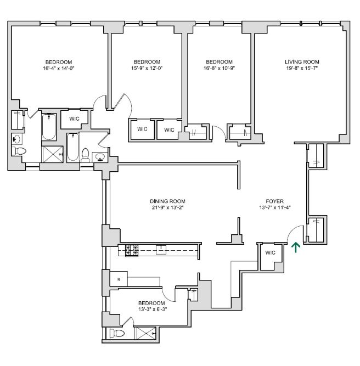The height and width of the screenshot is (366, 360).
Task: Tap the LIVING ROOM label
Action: tap(302, 62)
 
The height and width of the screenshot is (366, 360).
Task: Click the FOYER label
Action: tap(274, 201)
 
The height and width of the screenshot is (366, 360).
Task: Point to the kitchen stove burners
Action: tap(132, 250)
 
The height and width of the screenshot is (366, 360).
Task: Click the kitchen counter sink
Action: tap(161, 250)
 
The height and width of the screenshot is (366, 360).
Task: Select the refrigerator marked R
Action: tap(119, 280)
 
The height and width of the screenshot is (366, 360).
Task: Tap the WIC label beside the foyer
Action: tap(269, 253)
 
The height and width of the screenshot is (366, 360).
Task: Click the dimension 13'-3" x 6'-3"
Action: tap(151, 309)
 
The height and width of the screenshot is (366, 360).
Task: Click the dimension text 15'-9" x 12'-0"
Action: tap(147, 68)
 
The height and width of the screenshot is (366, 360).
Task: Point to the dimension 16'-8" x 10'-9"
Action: tap(219, 68)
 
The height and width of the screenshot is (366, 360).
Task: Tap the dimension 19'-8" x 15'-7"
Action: tap(302, 69)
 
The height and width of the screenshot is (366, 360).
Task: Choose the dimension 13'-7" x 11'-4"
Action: tap(274, 207)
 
